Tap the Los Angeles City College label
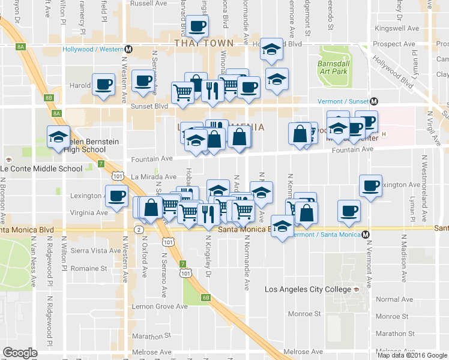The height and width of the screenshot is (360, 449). [x=309, y=290]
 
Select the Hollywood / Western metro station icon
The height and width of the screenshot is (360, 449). [x=128, y=49]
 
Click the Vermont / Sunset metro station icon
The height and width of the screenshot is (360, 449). [x=373, y=101]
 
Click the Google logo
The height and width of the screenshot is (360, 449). [x=20, y=353]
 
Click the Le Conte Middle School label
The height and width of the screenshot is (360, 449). [x=41, y=169]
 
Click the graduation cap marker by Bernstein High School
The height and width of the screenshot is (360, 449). [x=58, y=137]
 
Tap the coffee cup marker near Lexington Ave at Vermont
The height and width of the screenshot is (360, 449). [x=370, y=185]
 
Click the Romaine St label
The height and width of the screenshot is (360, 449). [x=94, y=269]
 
